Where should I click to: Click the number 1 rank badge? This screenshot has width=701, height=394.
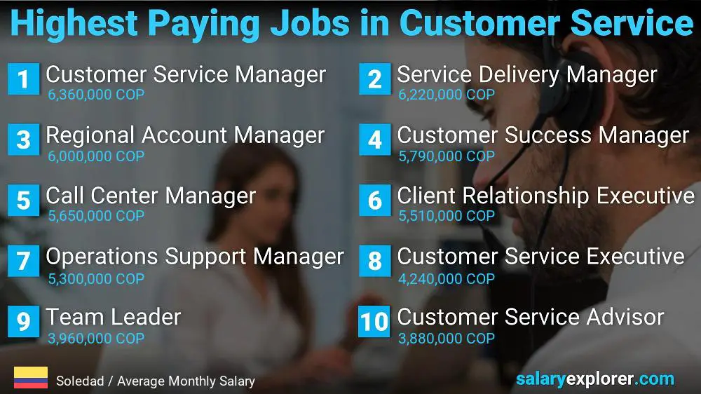coord(23,79)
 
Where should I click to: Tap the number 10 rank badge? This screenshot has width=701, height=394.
coord(374,322)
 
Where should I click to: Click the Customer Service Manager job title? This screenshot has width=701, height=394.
coord(186,74)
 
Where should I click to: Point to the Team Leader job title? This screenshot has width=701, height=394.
coord(114,317)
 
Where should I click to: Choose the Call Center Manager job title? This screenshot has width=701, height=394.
coord(151,196)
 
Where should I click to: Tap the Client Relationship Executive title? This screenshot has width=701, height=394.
coord(545,196)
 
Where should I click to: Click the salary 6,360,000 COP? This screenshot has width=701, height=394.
coord(96,95)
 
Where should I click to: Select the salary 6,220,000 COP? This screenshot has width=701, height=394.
coord(447,95)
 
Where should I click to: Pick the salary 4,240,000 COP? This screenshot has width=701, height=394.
coord(447,278)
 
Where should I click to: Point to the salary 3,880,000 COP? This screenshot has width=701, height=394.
coord(447,339)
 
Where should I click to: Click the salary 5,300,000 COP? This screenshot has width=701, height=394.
coord(96,278)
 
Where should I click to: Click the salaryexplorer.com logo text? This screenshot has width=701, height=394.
coord(594,379)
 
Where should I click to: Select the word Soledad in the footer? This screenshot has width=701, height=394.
coord(79,381)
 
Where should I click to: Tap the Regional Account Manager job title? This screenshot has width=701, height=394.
coord(185,135)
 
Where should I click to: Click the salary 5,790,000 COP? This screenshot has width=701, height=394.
coord(447,156)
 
